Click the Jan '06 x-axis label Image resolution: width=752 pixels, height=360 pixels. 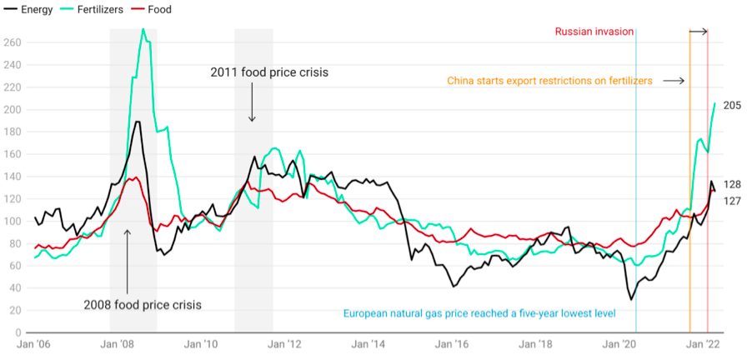(35, 342)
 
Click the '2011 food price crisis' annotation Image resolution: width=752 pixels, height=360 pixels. (270, 72)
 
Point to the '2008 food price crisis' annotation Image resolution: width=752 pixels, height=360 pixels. (142, 304)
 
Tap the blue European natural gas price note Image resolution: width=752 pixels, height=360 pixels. (479, 313)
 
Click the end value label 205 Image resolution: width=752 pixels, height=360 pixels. (731, 105)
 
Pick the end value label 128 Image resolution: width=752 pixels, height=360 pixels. (731, 184)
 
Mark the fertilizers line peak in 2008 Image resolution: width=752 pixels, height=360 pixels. (143, 29)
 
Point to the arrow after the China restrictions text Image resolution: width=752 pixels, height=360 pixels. (674, 81)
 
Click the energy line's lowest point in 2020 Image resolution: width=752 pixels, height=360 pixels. (631, 299)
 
